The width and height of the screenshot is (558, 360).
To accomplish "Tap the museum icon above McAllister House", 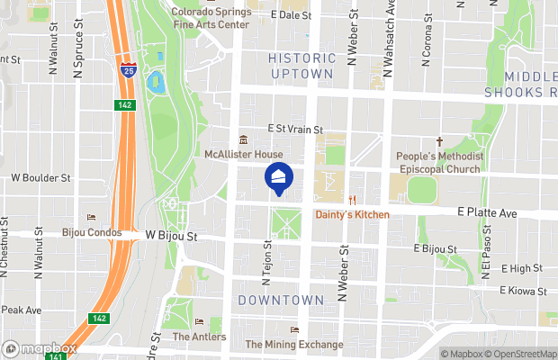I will tap(243, 139).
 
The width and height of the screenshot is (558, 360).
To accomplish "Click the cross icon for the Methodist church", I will tap(440, 141).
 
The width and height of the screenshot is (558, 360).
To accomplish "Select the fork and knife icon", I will tap(353, 200).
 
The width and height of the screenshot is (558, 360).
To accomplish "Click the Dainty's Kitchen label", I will tap(352, 214).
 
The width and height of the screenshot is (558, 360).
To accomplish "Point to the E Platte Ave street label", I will tap(487, 213).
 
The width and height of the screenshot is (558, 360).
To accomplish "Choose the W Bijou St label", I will tap(171, 236).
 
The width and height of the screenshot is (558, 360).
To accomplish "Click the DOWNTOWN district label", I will tap(282, 300).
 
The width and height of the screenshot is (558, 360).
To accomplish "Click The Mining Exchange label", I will tap(293, 345).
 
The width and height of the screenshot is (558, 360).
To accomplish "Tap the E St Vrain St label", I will tap(295, 130).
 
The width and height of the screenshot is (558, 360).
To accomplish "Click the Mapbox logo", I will tap(39, 348).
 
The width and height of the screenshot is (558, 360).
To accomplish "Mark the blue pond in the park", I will tap(154, 83).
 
